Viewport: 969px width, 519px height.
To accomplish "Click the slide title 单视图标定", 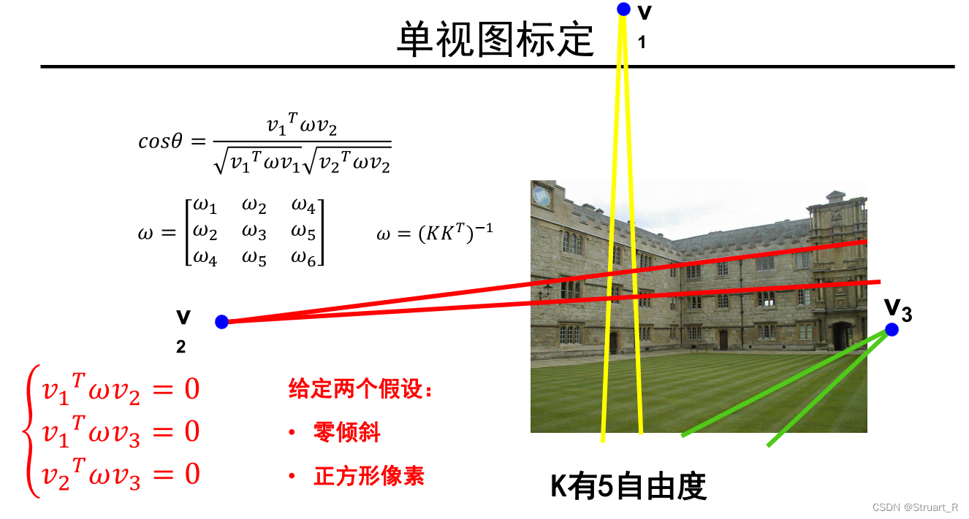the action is pyautogui.click(x=495, y=39).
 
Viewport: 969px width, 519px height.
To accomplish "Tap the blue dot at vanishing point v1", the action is pyautogui.click(x=623, y=9).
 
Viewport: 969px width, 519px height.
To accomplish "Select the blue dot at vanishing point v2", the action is pyautogui.click(x=222, y=322).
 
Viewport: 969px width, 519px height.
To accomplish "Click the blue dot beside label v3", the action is pyautogui.click(x=892, y=330).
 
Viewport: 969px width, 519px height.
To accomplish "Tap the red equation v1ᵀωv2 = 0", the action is pyautogui.click(x=121, y=389).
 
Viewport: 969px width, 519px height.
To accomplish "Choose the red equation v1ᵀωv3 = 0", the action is pyautogui.click(x=121, y=431).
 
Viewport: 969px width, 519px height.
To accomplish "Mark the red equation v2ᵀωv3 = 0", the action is pyautogui.click(x=121, y=474).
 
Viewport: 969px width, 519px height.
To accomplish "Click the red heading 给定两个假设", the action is pyautogui.click(x=361, y=389).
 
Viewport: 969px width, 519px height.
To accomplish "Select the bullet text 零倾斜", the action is pyautogui.click(x=347, y=432).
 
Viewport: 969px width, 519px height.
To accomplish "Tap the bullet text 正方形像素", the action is pyautogui.click(x=369, y=476).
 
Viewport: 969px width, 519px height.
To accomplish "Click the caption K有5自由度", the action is pyautogui.click(x=628, y=487).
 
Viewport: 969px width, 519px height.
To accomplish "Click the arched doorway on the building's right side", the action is pyautogui.click(x=842, y=336).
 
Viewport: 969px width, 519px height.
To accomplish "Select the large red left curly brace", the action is pyautogui.click(x=31, y=432).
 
